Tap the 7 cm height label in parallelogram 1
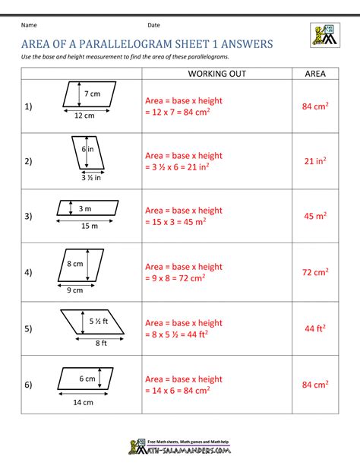pos(93,94)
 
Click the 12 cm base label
pos(84,116)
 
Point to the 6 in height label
pos(88,150)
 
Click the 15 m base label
pos(89,225)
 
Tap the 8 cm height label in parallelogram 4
pos(75,264)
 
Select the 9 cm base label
pos(74,290)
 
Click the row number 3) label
pos(29,217)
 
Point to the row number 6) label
pos(29,385)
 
